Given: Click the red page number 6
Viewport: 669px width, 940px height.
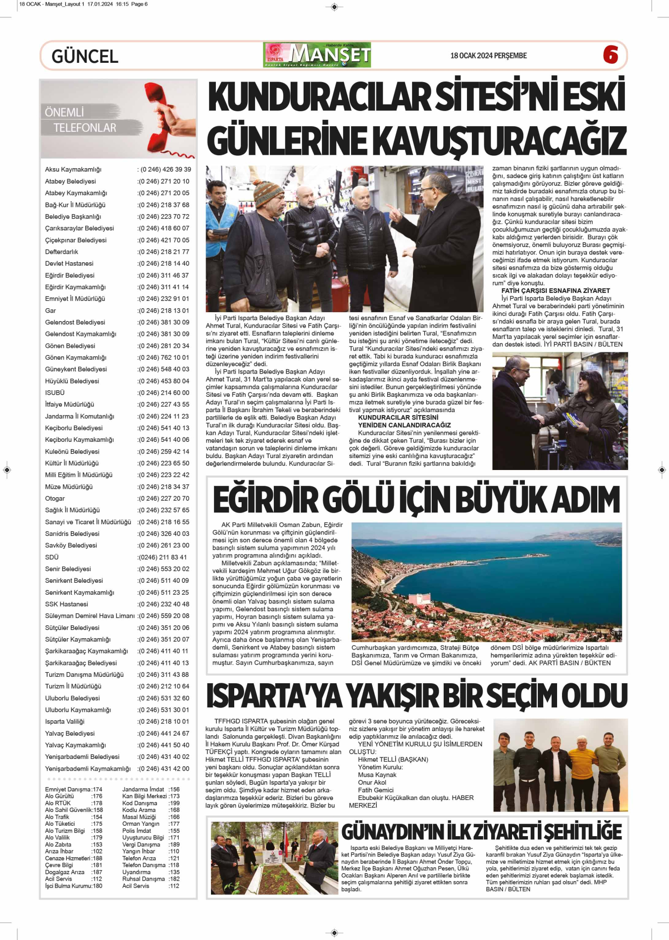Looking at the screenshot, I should coord(611,55).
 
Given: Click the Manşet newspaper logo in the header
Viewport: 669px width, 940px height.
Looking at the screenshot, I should coord(317,55).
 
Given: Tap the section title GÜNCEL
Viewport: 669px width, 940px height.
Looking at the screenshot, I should coord(85,56).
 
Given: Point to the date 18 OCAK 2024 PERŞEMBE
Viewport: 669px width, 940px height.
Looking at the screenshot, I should coord(488,56).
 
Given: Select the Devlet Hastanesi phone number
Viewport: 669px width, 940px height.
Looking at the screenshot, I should coord(163,264).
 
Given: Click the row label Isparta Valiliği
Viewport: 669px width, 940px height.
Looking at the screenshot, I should coord(65,722).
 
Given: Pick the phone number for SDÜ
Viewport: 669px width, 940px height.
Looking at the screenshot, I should coord(162,557).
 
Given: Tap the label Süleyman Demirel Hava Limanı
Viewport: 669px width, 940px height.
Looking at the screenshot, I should coord(90,616).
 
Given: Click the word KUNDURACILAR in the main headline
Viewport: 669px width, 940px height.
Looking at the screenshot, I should coord(319,97).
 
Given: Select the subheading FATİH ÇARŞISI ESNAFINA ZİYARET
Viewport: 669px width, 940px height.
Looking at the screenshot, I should coord(555,291).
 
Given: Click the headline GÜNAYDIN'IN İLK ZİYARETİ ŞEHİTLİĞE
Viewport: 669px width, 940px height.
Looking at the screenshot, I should coord(481,832).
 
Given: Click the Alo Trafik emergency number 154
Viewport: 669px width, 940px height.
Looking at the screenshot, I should coord(97,817).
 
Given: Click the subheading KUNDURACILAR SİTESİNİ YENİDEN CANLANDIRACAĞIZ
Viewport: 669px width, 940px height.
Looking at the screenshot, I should coord(404,422).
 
